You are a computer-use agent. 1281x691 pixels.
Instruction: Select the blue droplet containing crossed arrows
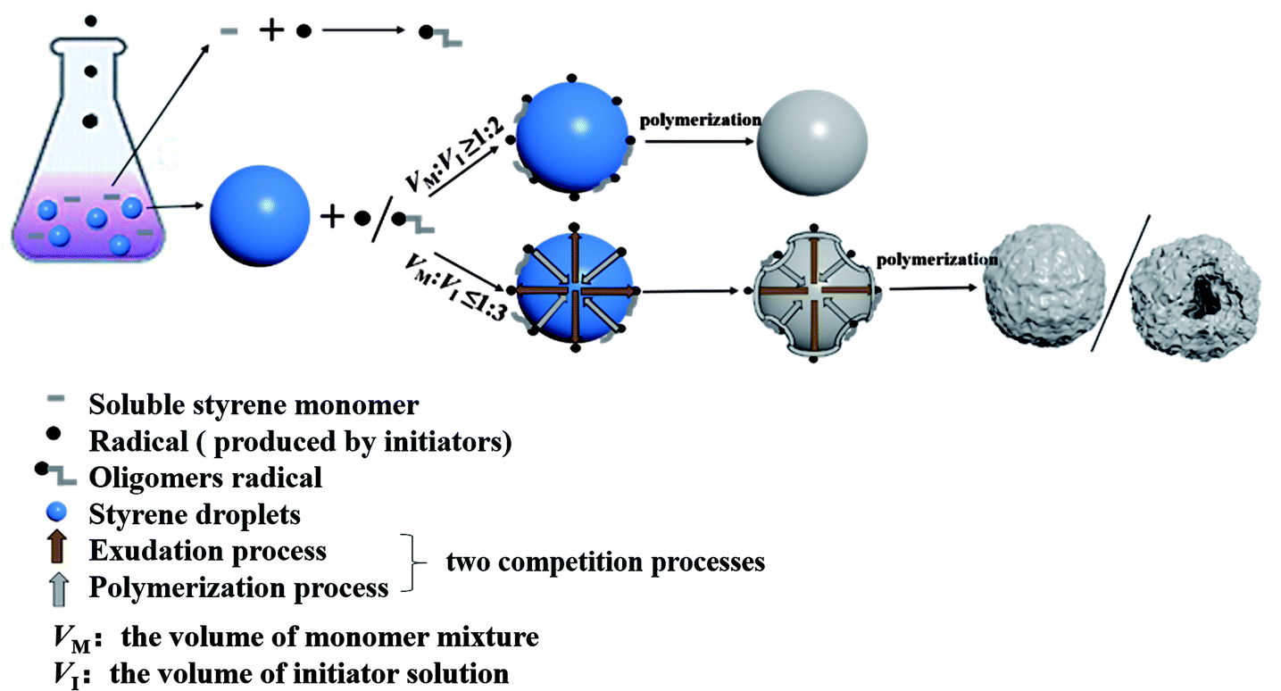[573, 290]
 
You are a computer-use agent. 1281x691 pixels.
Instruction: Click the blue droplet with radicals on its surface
[573, 139]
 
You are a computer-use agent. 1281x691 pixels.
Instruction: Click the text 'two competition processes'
[605, 562]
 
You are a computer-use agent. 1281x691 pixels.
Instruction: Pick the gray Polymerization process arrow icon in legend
[59, 589]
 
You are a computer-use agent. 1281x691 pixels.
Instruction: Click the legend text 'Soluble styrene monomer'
[254, 405]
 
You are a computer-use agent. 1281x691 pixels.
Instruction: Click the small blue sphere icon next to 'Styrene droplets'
[58, 513]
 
